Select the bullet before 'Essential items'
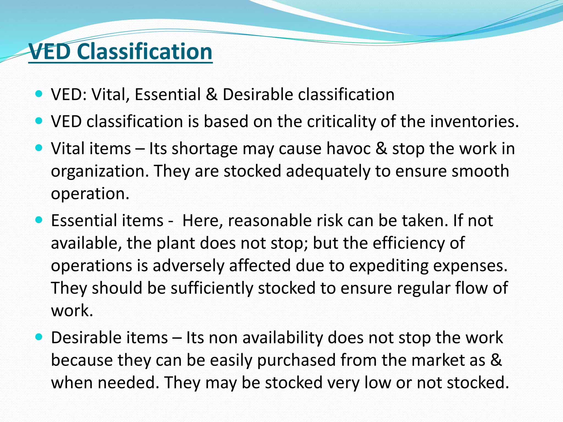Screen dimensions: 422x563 tap(39, 220)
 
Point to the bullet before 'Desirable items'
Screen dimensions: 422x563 tap(39, 337)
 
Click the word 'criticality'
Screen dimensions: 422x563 tap(341, 121)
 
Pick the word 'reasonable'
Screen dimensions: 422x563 tap(269, 221)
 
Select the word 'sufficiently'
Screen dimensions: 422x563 tap(212, 288)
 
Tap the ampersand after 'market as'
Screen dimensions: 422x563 tap(496, 360)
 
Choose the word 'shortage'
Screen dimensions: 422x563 tap(205, 149)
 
